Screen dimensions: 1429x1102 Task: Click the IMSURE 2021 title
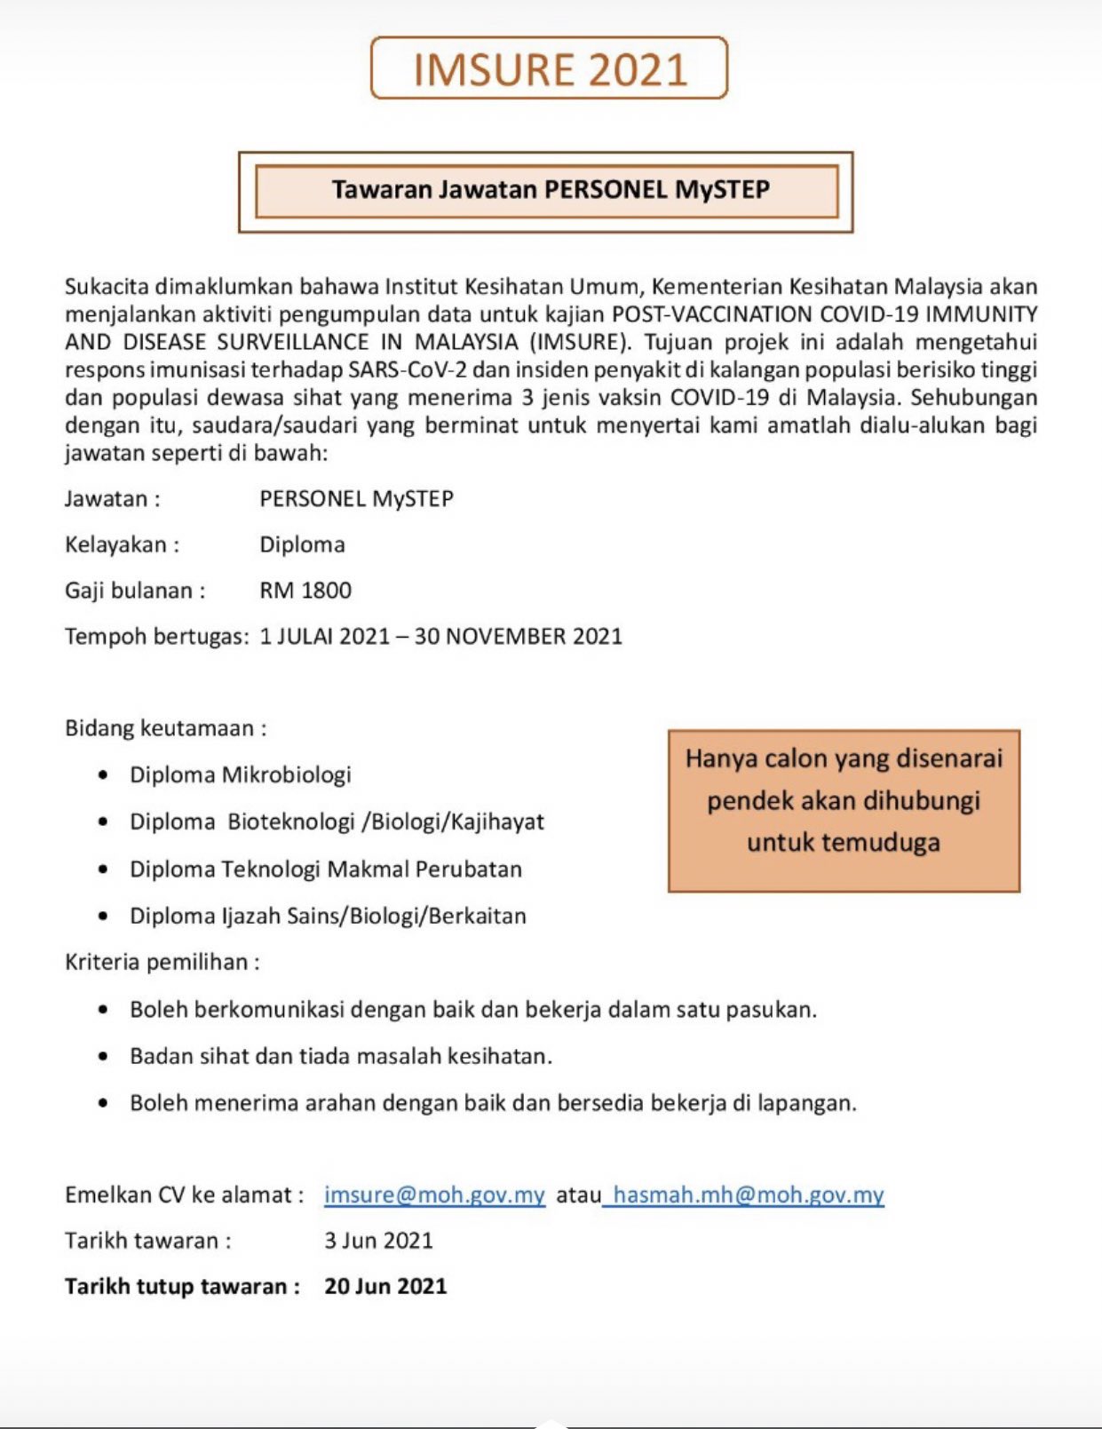click(x=550, y=69)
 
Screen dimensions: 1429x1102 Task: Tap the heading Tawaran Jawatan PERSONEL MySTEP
click(x=551, y=189)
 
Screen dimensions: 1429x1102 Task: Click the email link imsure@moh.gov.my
click(x=434, y=1195)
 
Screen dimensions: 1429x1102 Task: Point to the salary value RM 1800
click(x=305, y=591)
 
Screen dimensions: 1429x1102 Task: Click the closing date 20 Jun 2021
click(x=385, y=1286)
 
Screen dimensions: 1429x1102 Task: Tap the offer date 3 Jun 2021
click(x=378, y=1240)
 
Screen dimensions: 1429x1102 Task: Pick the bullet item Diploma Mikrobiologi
click(x=240, y=774)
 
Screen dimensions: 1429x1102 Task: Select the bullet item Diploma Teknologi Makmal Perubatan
click(x=325, y=869)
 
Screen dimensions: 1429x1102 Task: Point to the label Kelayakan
click(x=122, y=544)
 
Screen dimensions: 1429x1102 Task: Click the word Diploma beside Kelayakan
click(x=302, y=544)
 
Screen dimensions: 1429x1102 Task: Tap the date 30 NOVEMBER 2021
click(x=518, y=637)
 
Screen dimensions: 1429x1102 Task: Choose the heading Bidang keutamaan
click(x=165, y=728)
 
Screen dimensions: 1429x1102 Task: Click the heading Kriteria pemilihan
click(x=162, y=962)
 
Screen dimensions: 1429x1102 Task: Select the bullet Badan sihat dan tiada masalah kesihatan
click(x=341, y=1056)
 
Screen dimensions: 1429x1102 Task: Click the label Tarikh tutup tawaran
click(x=182, y=1286)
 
